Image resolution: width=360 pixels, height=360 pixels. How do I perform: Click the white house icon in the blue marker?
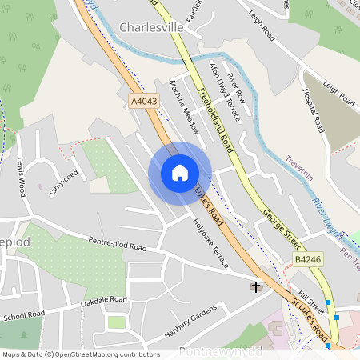pyautogui.click(x=180, y=173)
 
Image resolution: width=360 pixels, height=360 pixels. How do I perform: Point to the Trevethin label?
pyautogui.click(x=302, y=160)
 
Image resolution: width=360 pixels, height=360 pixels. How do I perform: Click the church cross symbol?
pyautogui.click(x=256, y=286)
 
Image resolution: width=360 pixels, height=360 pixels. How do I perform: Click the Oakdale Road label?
pyautogui.click(x=104, y=300)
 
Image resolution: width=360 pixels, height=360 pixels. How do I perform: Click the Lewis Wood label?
pyautogui.click(x=19, y=176)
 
